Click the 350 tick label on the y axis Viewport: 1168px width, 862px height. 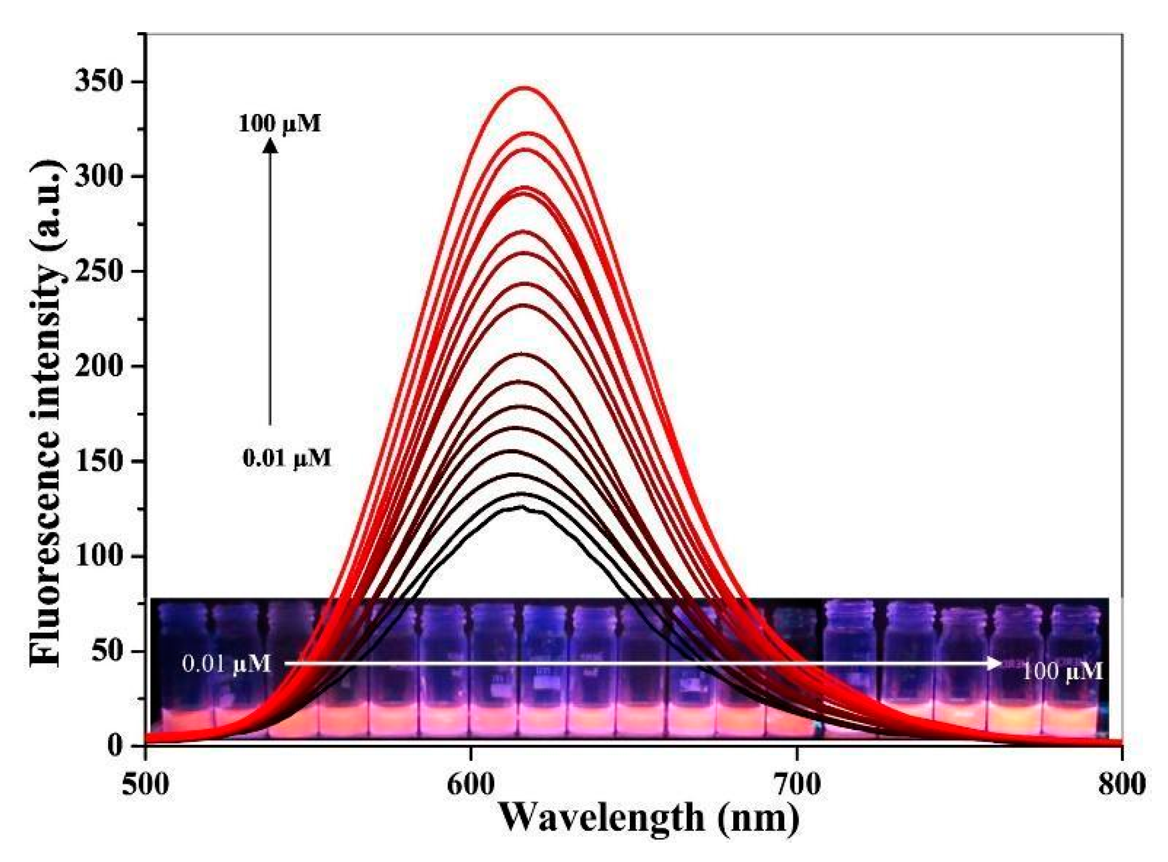tap(102, 82)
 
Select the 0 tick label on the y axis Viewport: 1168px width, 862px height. tap(116, 745)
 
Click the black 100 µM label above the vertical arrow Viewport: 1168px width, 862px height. tap(280, 124)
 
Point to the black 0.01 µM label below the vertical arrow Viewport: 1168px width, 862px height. tap(287, 458)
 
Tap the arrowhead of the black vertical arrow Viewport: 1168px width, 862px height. tap(270, 146)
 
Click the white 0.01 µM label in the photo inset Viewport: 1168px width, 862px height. tap(227, 664)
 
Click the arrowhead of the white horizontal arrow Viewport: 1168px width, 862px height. tap(995, 663)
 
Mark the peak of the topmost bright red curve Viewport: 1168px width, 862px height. tap(524, 87)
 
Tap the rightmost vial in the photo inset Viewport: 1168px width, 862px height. tap(1074, 669)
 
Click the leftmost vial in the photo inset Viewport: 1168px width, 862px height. tap(182, 669)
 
